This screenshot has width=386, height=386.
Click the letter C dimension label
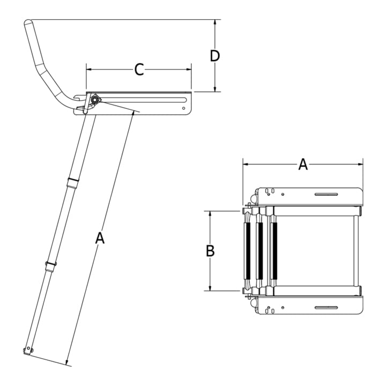pos(139,69)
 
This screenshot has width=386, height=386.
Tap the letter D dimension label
pos(215,56)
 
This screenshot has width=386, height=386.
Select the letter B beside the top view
pos(210,250)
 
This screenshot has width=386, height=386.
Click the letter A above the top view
pos(303,165)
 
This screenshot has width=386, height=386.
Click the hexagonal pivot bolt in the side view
pos(95,99)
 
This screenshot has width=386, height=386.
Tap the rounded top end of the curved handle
pos(28,23)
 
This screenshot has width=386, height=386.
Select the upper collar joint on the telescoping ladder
pos(71,180)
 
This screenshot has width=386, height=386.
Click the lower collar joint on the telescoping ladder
pos(50,266)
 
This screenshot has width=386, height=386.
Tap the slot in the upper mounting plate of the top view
pos(325,194)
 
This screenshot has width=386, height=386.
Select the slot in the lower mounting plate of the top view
pos(325,307)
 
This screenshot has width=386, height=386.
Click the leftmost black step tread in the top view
pos(248,250)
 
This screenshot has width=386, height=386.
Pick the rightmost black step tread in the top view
pos(274,250)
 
